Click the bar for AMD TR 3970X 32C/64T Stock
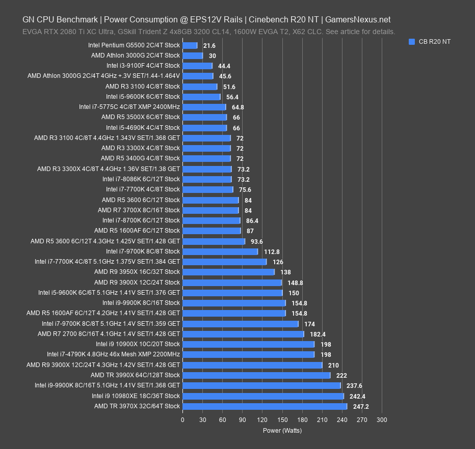click(x=265, y=406)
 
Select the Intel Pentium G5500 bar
click(x=190, y=45)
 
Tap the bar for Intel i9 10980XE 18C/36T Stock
click(x=263, y=396)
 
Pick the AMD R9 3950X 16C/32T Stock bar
click(x=228, y=272)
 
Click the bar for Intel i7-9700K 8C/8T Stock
click(x=220, y=251)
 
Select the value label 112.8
click(x=272, y=251)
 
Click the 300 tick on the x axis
click(x=382, y=420)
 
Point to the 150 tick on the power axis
click(x=282, y=420)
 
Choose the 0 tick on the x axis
click(x=182, y=420)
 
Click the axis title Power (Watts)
click(x=282, y=430)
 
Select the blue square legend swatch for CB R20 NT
click(x=412, y=42)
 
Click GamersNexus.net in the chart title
click(x=358, y=20)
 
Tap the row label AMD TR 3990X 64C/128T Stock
click(x=135, y=375)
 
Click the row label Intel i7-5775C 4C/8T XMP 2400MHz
click(x=129, y=107)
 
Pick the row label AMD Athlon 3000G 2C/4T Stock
click(x=136, y=55)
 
